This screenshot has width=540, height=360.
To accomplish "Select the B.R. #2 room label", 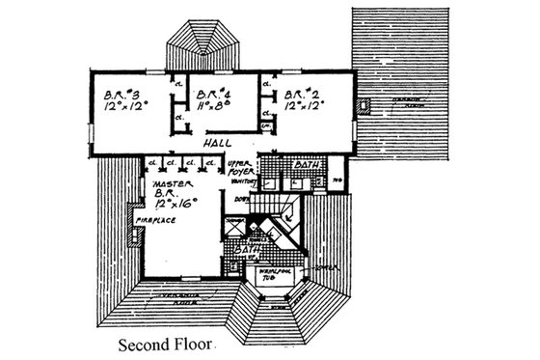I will [x=300, y=94].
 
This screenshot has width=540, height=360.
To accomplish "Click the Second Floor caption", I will [x=166, y=343].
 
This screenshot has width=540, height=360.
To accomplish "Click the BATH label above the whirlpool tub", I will [x=254, y=254].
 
